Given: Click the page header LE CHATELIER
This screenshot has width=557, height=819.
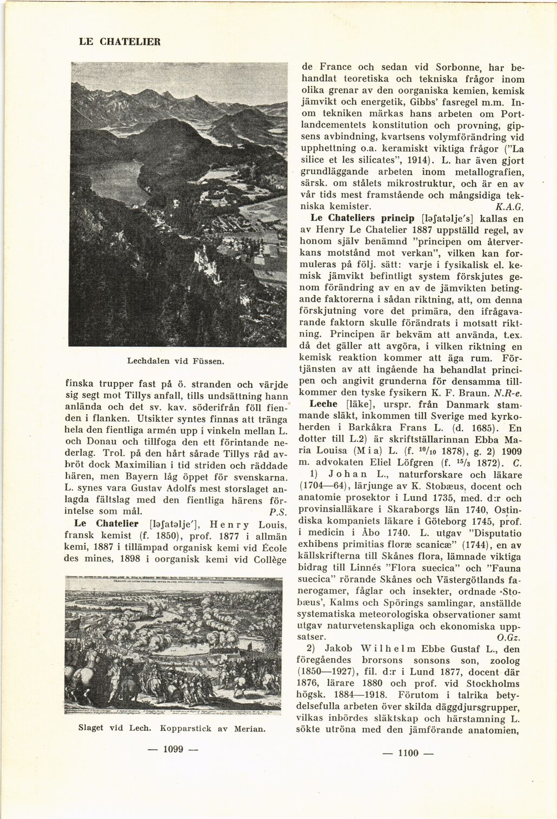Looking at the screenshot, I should coord(120,41).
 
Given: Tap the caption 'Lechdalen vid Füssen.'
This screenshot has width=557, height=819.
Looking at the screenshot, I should coord(176,360).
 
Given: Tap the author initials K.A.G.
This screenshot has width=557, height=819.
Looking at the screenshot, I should coord(509,207).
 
